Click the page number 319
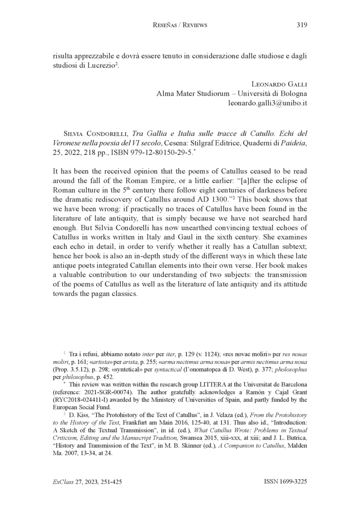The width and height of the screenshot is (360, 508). pyautogui.click(x=301, y=25)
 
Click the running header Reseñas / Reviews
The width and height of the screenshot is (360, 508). pyautogui.click(x=180, y=25)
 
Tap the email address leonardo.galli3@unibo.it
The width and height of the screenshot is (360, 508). pyautogui.click(x=268, y=103)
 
